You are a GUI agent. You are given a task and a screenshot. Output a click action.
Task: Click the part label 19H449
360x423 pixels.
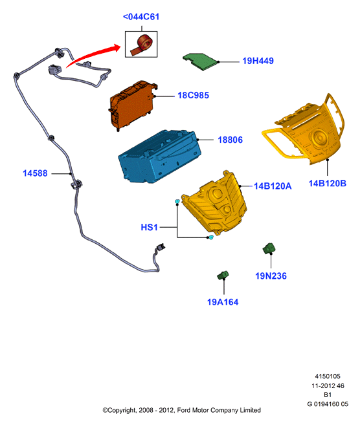(x=258, y=61)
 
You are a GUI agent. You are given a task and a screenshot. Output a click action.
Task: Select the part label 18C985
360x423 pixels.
(x=194, y=96)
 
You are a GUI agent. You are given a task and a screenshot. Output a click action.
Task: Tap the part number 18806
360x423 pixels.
(x=230, y=140)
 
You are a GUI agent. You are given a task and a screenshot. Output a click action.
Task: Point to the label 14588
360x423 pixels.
(x=35, y=173)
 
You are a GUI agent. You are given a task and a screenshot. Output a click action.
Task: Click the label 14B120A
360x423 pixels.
(x=273, y=186)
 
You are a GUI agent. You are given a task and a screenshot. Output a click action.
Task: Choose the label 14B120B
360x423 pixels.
(x=328, y=184)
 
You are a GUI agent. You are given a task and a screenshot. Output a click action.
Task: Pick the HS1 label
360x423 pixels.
(x=149, y=228)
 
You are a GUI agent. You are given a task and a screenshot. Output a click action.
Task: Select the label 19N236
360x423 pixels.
(x=271, y=276)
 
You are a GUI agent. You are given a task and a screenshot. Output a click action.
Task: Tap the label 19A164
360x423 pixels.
(x=223, y=302)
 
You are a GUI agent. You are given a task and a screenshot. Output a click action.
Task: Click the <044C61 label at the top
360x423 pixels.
(x=141, y=17)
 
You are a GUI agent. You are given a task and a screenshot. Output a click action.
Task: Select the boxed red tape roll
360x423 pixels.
(x=141, y=44)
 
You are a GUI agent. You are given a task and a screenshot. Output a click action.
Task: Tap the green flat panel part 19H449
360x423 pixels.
(x=200, y=61)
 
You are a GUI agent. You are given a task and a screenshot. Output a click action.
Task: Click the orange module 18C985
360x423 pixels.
(x=133, y=105)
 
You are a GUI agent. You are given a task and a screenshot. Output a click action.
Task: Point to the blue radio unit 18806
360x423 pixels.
(x=160, y=157)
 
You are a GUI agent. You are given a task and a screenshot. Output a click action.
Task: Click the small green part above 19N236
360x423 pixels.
(x=269, y=248)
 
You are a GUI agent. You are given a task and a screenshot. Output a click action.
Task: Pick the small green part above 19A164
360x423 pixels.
(x=223, y=275)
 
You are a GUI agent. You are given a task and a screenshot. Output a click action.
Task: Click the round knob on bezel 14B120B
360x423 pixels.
(x=319, y=138)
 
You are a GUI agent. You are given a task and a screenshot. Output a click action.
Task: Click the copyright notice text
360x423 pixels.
(x=181, y=410)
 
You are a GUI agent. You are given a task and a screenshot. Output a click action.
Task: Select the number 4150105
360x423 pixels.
(x=328, y=376)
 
